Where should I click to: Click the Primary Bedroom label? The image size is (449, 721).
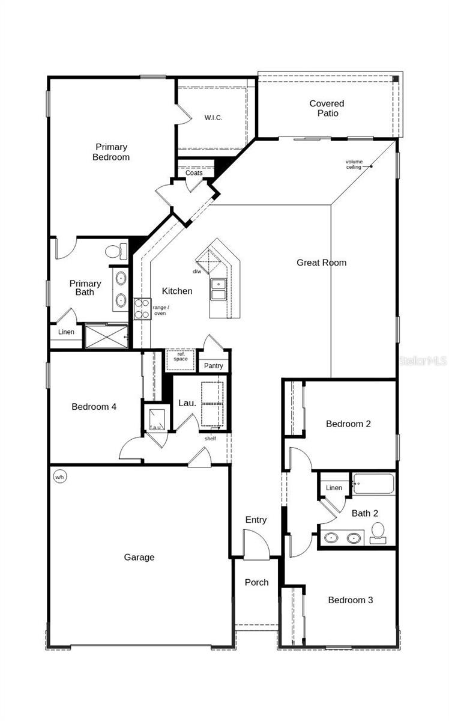pyautogui.click(x=111, y=152)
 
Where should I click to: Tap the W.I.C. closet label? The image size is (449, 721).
pyautogui.click(x=212, y=118)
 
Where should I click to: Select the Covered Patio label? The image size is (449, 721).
pyautogui.click(x=327, y=108)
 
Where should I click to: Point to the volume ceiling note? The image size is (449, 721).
pyautogui.click(x=354, y=164)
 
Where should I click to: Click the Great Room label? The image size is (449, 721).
pyautogui.click(x=321, y=263)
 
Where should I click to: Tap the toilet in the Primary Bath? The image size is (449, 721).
pyautogui.click(x=115, y=251)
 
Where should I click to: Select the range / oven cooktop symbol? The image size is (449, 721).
pyautogui.click(x=142, y=309)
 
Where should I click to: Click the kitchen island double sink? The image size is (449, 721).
pyautogui.click(x=218, y=289)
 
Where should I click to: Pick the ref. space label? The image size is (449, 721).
pyautogui.click(x=181, y=356)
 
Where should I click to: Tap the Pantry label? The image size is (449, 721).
pyautogui.click(x=213, y=365)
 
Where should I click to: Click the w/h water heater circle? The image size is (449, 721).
pyautogui.click(x=59, y=477)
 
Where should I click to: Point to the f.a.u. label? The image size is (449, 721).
pyautogui.click(x=155, y=427)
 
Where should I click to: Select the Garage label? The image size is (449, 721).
pyautogui.click(x=139, y=557)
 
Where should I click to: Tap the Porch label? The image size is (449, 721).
pyautogui.click(x=256, y=582)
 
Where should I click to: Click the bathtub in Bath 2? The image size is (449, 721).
pyautogui.click(x=374, y=484)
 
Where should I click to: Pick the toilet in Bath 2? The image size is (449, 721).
pyautogui.click(x=378, y=532)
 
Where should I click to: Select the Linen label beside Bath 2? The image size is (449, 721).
pyautogui.click(x=334, y=488)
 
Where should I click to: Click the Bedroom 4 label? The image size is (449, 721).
pyautogui.click(x=94, y=407)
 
